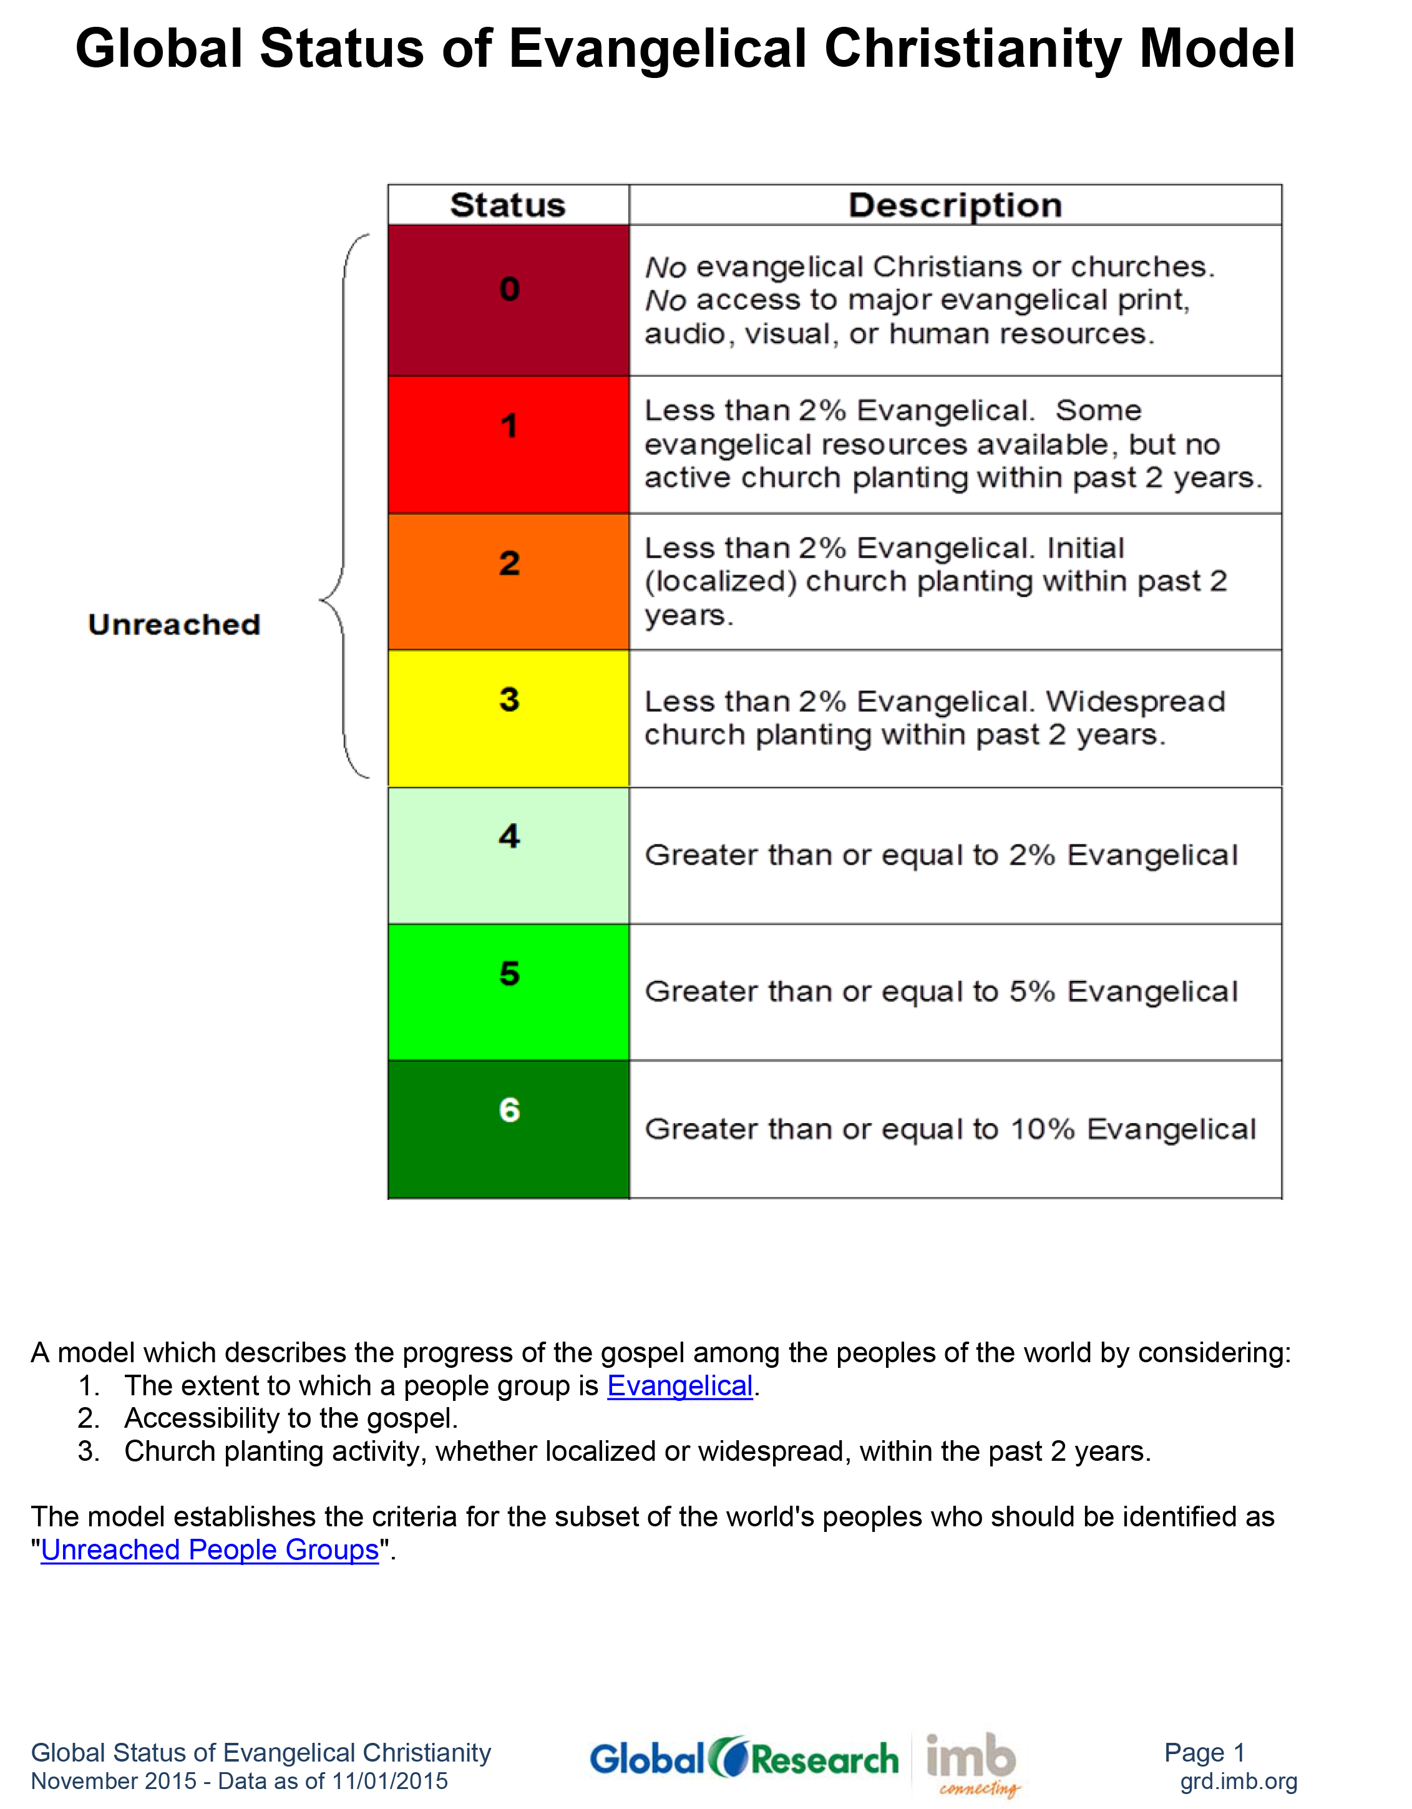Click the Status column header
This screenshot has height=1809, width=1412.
point(508,205)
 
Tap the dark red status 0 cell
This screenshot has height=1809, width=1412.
point(509,300)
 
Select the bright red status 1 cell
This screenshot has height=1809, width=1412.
point(509,445)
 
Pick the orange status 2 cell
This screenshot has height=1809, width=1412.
point(509,582)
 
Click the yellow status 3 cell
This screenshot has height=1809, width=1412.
point(509,718)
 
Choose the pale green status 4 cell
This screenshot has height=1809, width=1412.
point(509,856)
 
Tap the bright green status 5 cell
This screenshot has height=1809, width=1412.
point(509,992)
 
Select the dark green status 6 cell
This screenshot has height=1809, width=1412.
point(509,1129)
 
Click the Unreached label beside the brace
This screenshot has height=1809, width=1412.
point(174,625)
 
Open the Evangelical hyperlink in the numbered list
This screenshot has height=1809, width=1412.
point(680,1386)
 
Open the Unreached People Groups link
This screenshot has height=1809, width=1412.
point(210,1550)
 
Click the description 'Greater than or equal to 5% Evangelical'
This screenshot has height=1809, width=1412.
point(941,992)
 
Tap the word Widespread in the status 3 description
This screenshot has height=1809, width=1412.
point(1134,701)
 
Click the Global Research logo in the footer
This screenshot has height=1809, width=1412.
point(744,1758)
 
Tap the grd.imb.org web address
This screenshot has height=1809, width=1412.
point(1238,1781)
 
